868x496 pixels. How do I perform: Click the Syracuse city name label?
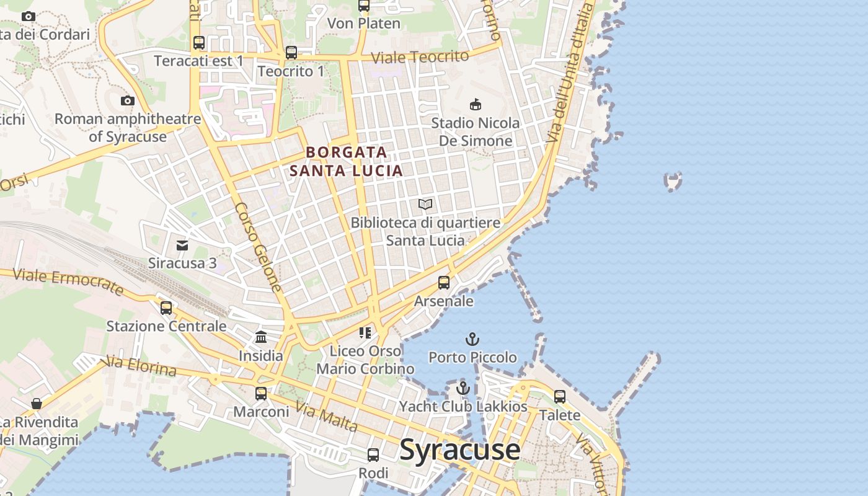click(459, 449)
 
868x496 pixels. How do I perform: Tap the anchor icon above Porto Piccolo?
click(472, 339)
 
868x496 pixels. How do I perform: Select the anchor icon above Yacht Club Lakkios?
click(463, 389)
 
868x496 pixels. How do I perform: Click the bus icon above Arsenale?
click(444, 283)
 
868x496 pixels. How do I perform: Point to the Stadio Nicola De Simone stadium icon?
click(476, 104)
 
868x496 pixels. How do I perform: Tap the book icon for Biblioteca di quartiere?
click(425, 204)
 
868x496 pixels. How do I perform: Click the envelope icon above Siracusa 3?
click(182, 246)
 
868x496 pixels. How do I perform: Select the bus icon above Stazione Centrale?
click(166, 308)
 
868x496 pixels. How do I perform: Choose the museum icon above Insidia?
click(261, 337)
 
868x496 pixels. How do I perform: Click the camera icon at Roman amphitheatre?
click(128, 100)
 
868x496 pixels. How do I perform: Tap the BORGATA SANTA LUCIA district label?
click(346, 161)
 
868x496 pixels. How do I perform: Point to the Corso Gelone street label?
click(259, 247)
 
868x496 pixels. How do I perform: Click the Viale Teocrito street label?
click(420, 57)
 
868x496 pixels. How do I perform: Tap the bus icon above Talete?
click(560, 396)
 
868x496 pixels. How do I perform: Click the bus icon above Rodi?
click(373, 454)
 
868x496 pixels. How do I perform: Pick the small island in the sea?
click(673, 181)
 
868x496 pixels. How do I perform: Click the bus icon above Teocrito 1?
click(291, 53)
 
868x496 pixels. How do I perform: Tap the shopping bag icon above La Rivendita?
click(37, 404)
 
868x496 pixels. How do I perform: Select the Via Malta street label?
click(326, 417)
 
